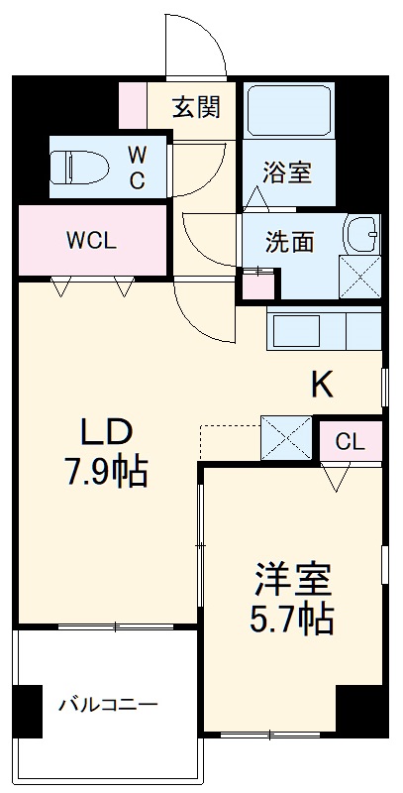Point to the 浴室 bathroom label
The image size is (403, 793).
point(287,173)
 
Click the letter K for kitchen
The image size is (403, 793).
point(322,384)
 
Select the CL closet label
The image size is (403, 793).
point(349,441)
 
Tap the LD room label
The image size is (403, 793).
point(106,432)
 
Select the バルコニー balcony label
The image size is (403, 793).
point(107,707)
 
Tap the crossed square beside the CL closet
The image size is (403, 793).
point(286,437)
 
